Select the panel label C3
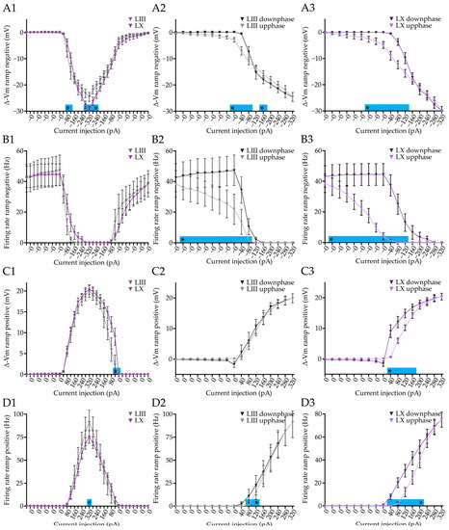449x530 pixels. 308,273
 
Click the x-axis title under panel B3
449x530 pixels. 385,257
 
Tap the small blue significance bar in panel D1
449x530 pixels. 90,501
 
